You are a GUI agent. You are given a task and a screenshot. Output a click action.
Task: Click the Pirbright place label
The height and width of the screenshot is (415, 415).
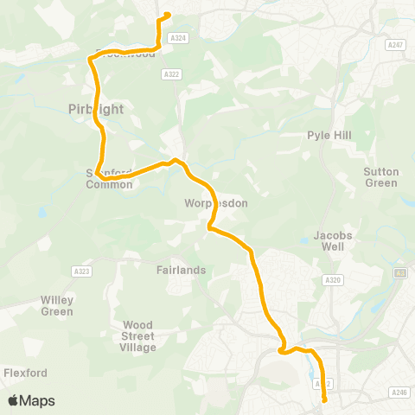pyautogui.click(x=96, y=109)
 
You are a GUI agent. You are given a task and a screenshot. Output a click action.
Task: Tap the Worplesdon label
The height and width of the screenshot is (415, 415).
pyautogui.click(x=216, y=203)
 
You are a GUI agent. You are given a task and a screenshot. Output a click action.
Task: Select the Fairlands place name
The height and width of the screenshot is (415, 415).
pyautogui.click(x=182, y=270)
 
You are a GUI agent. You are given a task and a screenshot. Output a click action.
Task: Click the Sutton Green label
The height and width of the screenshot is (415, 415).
pyautogui.click(x=380, y=177)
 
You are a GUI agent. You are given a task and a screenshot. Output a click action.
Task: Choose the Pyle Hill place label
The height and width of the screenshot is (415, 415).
pyautogui.click(x=327, y=136)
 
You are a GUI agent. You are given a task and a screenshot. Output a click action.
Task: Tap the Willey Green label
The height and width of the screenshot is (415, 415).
pyautogui.click(x=57, y=305)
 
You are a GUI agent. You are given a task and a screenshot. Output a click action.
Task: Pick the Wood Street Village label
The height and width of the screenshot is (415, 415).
pyautogui.click(x=138, y=336)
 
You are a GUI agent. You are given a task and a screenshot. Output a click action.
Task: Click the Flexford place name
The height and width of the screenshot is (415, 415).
pyautogui.click(x=24, y=373)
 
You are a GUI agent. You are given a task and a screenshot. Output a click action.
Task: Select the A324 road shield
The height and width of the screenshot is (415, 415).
pyautogui.click(x=178, y=38)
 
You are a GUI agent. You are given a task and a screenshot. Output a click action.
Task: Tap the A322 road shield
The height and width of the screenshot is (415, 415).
pyautogui.click(x=170, y=75)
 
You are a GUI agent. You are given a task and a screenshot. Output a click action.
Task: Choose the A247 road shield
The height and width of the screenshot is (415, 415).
pyautogui.click(x=396, y=45)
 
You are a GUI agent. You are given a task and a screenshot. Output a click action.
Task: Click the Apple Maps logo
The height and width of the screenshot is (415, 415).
pyautogui.click(x=32, y=400)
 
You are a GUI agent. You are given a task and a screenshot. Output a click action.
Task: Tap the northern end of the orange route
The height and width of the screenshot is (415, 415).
pyautogui.click(x=167, y=14)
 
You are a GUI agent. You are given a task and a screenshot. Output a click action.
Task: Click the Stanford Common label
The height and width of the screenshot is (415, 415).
pyautogui.click(x=109, y=178)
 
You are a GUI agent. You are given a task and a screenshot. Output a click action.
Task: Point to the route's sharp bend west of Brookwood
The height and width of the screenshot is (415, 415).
pyautogui.click(x=90, y=58)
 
